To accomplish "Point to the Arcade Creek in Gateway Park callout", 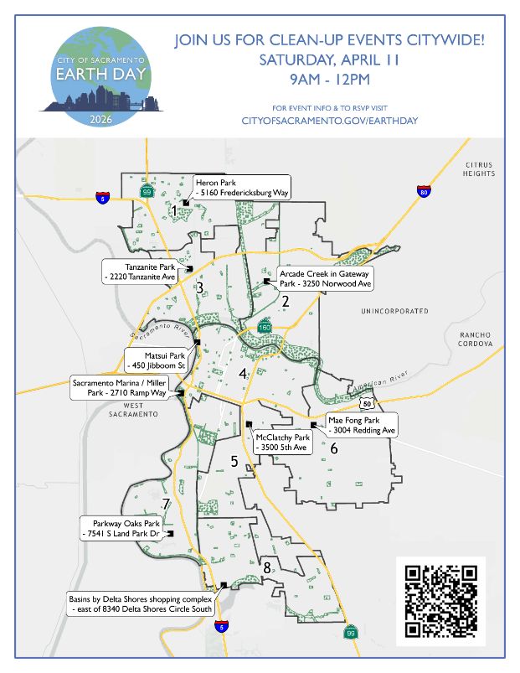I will pyautogui.click(x=326, y=278).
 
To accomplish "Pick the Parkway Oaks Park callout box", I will pyautogui.click(x=126, y=529).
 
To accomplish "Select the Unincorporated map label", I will pyautogui.click(x=394, y=311).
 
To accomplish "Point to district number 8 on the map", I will pyautogui.click(x=267, y=569).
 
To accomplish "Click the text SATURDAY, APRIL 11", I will pyautogui.click(x=330, y=60).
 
